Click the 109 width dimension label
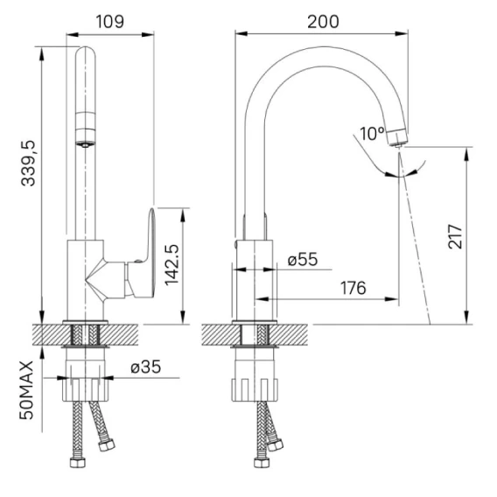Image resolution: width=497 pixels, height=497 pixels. pyautogui.click(x=109, y=22)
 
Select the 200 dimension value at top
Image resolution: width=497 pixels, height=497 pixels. pyautogui.click(x=323, y=22)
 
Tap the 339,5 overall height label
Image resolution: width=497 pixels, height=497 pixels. pyautogui.click(x=28, y=164)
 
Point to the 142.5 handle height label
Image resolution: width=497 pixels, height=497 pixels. pyautogui.click(x=171, y=265)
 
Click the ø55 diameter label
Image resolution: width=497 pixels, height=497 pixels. pyautogui.click(x=303, y=259)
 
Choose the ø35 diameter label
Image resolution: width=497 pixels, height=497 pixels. pyautogui.click(x=146, y=367)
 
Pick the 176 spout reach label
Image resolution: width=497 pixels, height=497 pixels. pyautogui.click(x=353, y=288)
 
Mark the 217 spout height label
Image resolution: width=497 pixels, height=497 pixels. pyautogui.click(x=455, y=236)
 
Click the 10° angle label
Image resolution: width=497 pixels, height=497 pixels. pyautogui.click(x=373, y=134)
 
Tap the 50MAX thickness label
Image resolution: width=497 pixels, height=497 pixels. pyautogui.click(x=26, y=390)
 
